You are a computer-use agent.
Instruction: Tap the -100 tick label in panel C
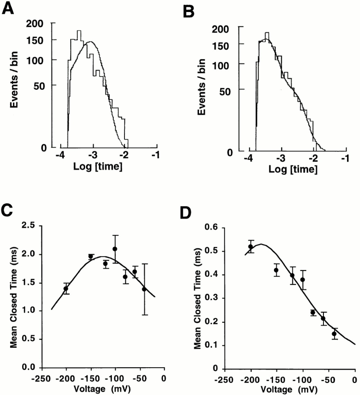coord(114,377)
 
